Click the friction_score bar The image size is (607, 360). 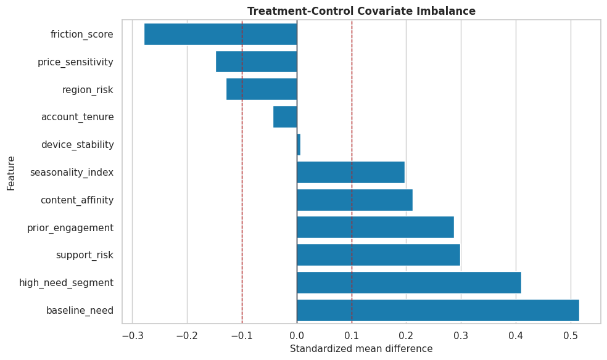coord(221,34)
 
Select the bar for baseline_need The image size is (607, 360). coord(438,310)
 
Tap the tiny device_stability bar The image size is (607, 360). coord(299,145)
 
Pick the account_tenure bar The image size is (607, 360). coord(285,117)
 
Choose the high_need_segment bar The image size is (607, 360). coord(409,283)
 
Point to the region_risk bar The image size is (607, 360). coord(262,89)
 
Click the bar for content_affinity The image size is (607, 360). coord(355,200)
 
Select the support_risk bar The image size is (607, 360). coord(379,255)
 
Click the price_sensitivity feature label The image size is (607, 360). coord(75,62)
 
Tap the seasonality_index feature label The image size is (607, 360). coord(72,173)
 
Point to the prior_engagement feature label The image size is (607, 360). coord(70,227)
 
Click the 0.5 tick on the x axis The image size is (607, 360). coord(571,335)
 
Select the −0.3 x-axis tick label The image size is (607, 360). coord(132,335)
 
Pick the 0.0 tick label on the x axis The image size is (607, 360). coord(297,335)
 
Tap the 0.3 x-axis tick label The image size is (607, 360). coord(461,335)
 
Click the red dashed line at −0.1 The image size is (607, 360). coord(242,172)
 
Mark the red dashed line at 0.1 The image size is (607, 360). coord(352,172)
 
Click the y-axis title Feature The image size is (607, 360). coord(11,173)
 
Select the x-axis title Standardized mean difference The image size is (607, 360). coord(361,349)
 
